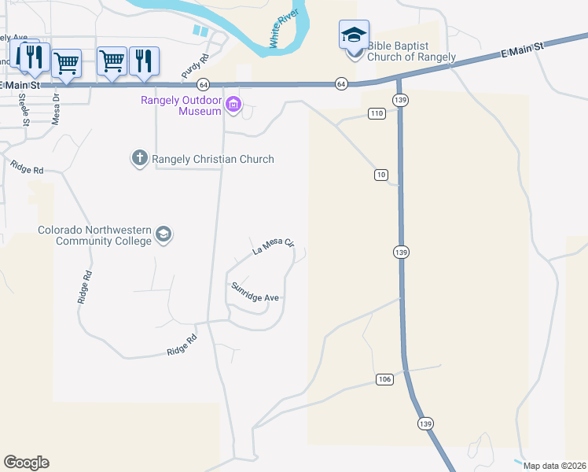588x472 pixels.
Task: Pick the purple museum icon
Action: [233, 105]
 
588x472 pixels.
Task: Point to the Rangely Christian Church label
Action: [213, 159]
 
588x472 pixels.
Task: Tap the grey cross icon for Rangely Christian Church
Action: [140, 159]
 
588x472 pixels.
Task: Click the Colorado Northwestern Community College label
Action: [95, 235]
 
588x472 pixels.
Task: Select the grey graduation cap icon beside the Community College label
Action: [164, 234]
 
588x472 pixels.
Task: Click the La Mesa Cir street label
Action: [272, 247]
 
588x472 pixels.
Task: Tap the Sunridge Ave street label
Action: [255, 293]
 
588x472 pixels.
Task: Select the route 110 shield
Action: [377, 114]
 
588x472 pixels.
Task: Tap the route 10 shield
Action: [381, 175]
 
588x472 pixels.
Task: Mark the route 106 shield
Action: [384, 380]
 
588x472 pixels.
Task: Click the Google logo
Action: [26, 463]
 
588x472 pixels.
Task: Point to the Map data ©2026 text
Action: [554, 466]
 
